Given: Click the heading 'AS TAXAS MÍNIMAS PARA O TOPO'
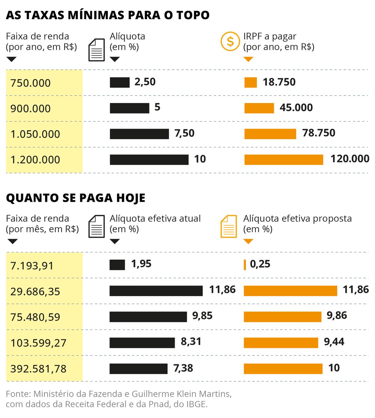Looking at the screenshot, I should click(108, 15).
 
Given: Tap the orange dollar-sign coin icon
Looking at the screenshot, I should click(230, 41).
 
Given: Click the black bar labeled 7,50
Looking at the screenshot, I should click(139, 134).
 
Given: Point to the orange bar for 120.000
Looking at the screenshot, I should click(283, 160).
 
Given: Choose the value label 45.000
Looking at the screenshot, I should click(296, 108).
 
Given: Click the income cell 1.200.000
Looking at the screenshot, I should click(36, 160).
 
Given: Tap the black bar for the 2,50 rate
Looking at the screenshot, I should click(119, 82).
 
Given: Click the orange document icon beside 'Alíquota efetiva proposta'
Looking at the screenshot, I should click(229, 226).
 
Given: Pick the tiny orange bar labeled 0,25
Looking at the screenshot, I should click(245, 265).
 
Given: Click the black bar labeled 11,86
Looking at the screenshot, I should click(156, 291).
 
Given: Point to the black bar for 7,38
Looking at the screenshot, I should click(138, 369).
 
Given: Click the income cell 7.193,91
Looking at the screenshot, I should click(32, 266).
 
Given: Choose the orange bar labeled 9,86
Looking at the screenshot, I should click(282, 316).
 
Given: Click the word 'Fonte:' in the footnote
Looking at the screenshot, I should click(18, 394).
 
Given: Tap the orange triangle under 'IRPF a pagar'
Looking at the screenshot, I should click(248, 59).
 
